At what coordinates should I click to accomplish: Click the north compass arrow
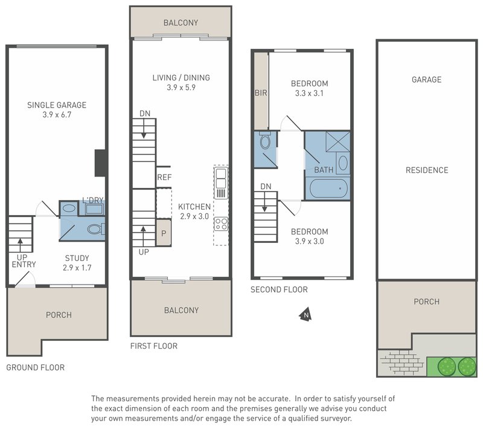[x=306, y=314]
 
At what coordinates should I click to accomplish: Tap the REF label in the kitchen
[x=164, y=177]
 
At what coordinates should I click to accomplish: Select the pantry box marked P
[x=164, y=233]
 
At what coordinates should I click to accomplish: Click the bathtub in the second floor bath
[x=328, y=189]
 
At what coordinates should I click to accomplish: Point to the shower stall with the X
[x=338, y=141]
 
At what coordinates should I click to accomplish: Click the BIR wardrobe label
[x=261, y=93]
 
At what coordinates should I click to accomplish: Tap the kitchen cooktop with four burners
[x=221, y=224]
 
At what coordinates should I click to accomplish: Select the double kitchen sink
[x=221, y=178]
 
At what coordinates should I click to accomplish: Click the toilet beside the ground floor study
[x=96, y=229]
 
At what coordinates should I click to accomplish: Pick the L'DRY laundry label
[x=93, y=201]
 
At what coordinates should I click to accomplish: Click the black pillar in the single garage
[x=100, y=163]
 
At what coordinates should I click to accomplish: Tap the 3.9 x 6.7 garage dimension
[x=57, y=115]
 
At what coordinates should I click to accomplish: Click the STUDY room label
[x=77, y=258]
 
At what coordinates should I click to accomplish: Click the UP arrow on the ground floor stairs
[x=21, y=245]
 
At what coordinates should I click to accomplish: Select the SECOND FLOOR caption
[x=279, y=289]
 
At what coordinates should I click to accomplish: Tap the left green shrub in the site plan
[x=447, y=367]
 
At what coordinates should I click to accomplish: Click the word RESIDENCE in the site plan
[x=427, y=170]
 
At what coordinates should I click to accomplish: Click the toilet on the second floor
[x=265, y=141]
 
